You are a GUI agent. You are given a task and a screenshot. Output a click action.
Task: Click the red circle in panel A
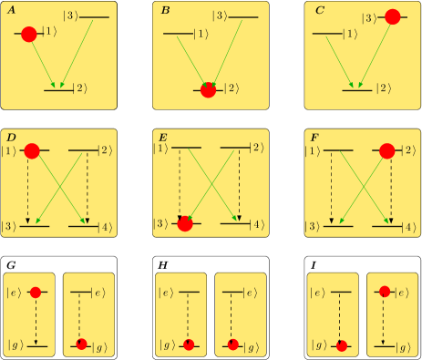tap(28, 34)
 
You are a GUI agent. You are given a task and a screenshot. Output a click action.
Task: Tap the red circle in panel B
tap(208, 88)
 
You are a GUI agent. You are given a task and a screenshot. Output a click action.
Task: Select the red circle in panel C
tap(393, 16)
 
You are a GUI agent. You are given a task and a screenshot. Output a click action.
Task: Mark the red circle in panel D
tap(34, 150)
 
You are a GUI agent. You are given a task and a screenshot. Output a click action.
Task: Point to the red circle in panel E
tap(185, 224)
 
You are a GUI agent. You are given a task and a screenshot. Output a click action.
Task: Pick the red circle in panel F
tap(386, 150)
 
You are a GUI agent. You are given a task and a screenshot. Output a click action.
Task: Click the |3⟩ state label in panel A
tap(70, 17)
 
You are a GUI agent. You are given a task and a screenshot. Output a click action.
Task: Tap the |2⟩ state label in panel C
tap(384, 88)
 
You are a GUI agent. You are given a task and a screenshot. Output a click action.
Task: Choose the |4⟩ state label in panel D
tap(107, 225)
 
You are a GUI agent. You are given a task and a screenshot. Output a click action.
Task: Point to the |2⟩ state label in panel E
tap(258, 149)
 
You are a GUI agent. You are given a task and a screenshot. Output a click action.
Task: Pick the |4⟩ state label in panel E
tap(258, 225)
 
